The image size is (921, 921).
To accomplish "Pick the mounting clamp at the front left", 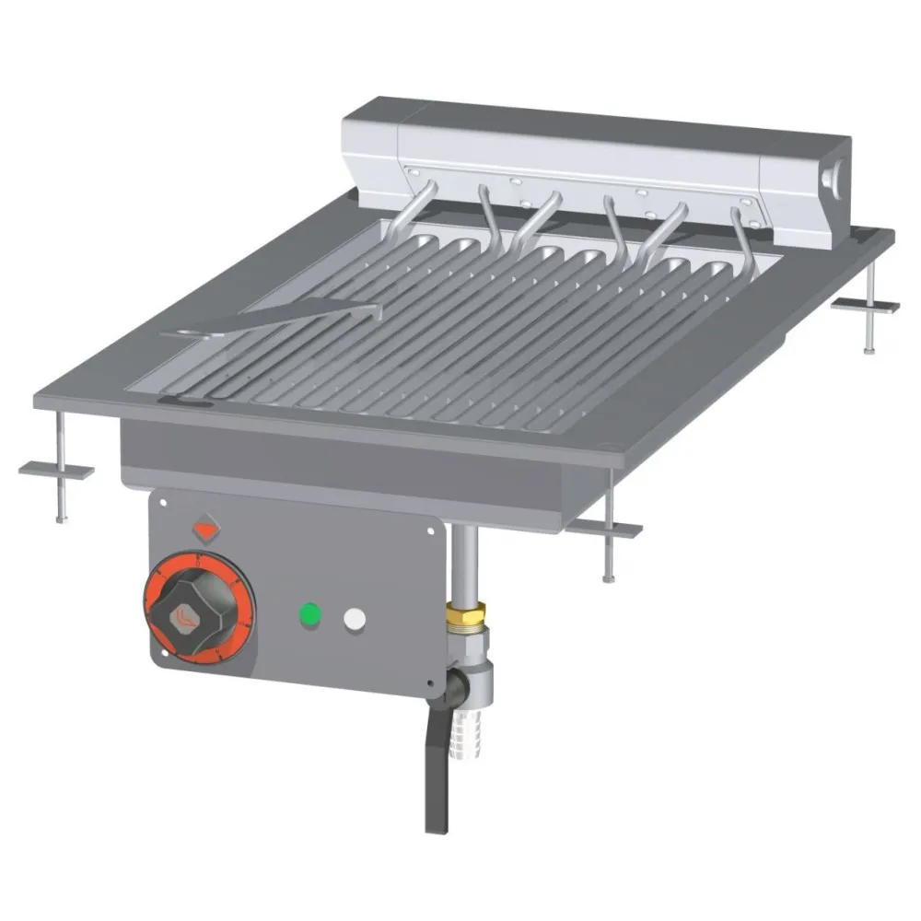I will tap(57, 470).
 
